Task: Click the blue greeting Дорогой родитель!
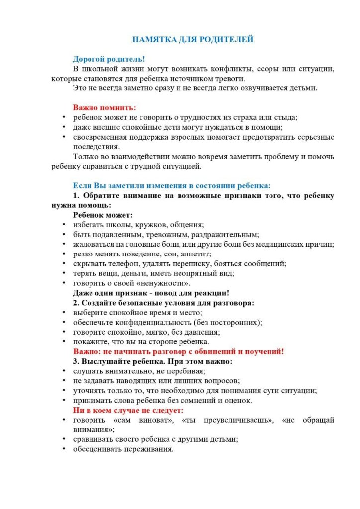coord(109,58)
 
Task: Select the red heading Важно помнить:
coord(104,107)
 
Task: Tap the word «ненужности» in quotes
coord(154,283)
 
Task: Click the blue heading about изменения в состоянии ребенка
coord(172,185)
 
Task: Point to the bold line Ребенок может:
coord(103,215)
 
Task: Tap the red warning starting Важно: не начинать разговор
coord(179,351)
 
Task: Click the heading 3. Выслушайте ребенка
coord(153,361)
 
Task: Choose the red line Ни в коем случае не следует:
coord(129,410)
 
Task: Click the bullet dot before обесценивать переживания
coord(64,449)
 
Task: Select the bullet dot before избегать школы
coord(64,225)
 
